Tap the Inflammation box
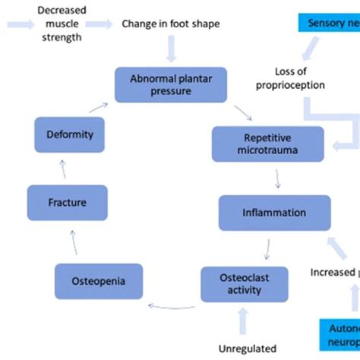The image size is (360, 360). point(274,213)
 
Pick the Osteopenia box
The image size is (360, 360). point(99,282)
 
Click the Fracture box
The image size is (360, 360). point(67,203)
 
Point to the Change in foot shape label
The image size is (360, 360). point(170,24)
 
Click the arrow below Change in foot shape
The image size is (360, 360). point(170,49)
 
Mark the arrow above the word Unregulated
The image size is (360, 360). point(242,323)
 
